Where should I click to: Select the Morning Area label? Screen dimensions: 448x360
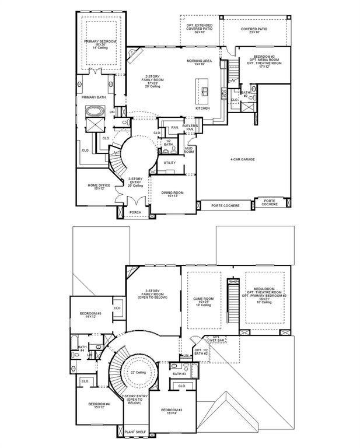[x=199, y=62]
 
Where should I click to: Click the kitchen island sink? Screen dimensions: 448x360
[x=205, y=92]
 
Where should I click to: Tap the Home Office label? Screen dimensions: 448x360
[x=99, y=187]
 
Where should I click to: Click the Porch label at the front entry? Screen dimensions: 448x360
[x=135, y=212]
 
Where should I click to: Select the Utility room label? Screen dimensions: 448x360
[x=170, y=163]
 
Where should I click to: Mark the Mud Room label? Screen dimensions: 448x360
[x=189, y=149]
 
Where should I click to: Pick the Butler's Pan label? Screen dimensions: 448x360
[x=190, y=128]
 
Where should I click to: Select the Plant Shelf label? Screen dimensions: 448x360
[x=135, y=432]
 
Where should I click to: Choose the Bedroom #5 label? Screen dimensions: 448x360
[x=92, y=314]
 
